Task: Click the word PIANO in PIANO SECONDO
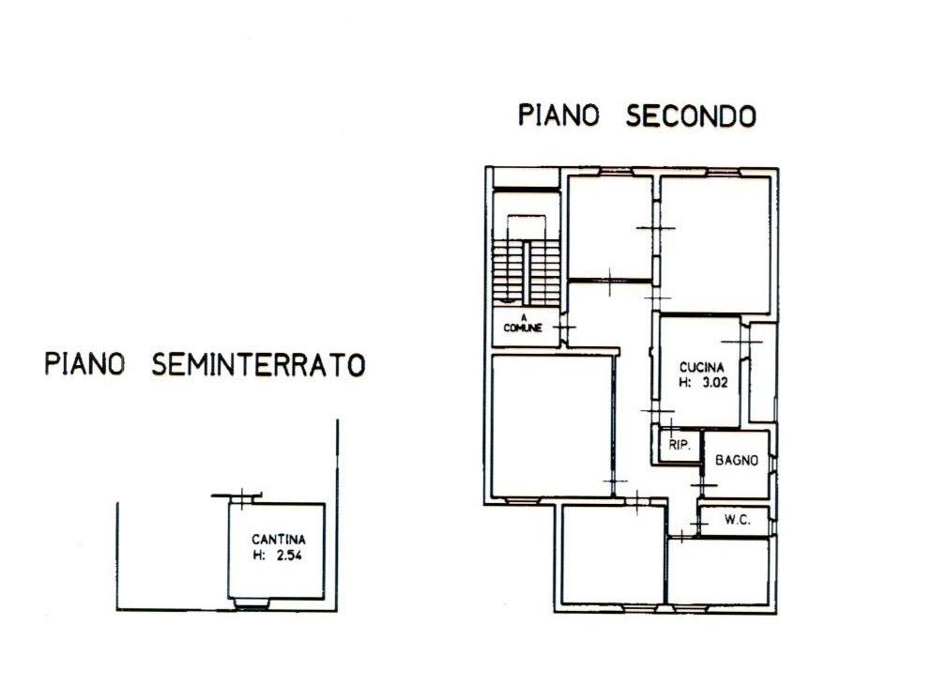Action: pos(559,115)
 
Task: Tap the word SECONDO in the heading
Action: pos(691,115)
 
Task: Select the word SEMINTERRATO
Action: pos(258,364)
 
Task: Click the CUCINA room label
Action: pos(702,368)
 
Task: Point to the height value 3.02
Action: pos(715,383)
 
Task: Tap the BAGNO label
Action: pos(737,460)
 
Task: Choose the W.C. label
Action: pos(737,520)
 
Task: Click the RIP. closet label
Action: pos(680,444)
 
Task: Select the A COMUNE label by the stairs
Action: pos(523,324)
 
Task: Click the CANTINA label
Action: pos(278,540)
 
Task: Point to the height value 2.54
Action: pos(289,556)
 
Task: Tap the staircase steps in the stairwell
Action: pos(527,271)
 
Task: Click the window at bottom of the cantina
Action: pos(252,604)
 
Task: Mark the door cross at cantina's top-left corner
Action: pos(242,498)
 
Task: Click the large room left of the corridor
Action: pos(552,426)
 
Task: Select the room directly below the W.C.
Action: pos(718,571)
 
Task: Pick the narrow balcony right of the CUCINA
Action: pos(763,373)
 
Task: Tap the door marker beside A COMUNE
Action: pos(565,327)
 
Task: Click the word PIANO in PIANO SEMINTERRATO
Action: pos(85,364)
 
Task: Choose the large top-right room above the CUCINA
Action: pos(715,244)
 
